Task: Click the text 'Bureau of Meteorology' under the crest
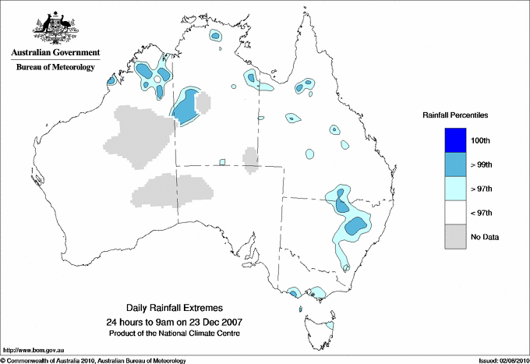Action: [x=55, y=68]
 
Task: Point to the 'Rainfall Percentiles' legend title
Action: [x=455, y=115]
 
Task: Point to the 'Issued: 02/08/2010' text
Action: [x=503, y=360]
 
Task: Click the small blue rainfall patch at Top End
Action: [x=216, y=35]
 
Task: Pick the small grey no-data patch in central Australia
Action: [x=250, y=158]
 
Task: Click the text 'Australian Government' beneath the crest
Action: [x=55, y=54]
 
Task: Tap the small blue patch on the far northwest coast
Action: [x=111, y=80]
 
